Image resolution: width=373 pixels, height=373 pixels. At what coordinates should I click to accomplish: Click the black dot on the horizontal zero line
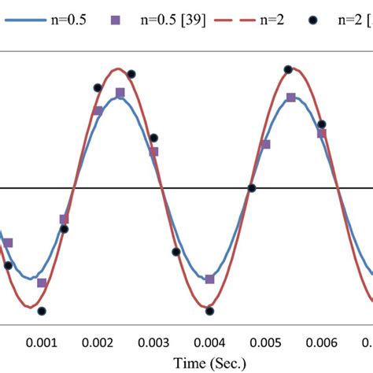click(x=252, y=188)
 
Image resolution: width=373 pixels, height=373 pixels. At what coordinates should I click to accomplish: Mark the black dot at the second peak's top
click(x=288, y=70)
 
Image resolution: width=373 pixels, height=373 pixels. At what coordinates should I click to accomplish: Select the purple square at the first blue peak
click(x=120, y=93)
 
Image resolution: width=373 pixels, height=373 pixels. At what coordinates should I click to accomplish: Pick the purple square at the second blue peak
click(x=291, y=98)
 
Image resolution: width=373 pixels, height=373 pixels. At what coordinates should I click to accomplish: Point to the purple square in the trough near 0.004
click(x=209, y=279)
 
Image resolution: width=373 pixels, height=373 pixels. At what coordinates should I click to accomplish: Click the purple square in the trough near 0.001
click(x=42, y=283)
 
